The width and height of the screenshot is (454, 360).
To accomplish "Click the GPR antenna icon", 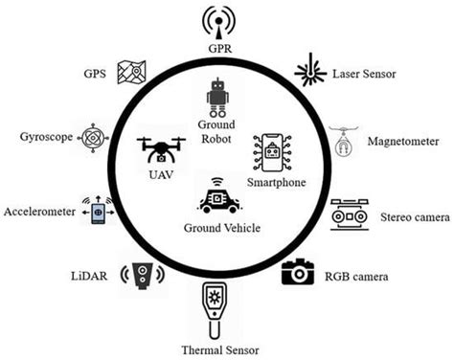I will pos(218,21).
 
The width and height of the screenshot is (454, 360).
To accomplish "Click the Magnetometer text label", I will pos(403,142).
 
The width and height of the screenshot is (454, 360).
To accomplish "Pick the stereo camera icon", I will pos(351,214).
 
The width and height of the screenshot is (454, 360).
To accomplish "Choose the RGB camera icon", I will pos(298,272).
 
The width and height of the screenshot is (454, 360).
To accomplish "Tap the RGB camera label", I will pos(355,278).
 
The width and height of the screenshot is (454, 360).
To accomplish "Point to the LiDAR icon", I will pos(143,276).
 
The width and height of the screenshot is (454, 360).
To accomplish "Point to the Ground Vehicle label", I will pos(221,228).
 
